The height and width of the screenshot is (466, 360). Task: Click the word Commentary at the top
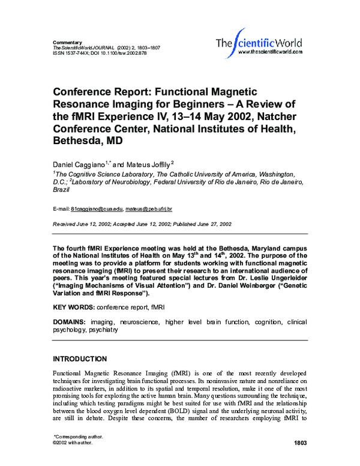[67, 42]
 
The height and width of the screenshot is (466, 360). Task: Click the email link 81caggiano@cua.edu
[97, 208]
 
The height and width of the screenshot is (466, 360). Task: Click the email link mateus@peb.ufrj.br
[149, 208]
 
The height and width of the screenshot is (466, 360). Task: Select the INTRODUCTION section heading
[80, 359]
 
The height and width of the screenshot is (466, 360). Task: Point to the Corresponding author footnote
[78, 437]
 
